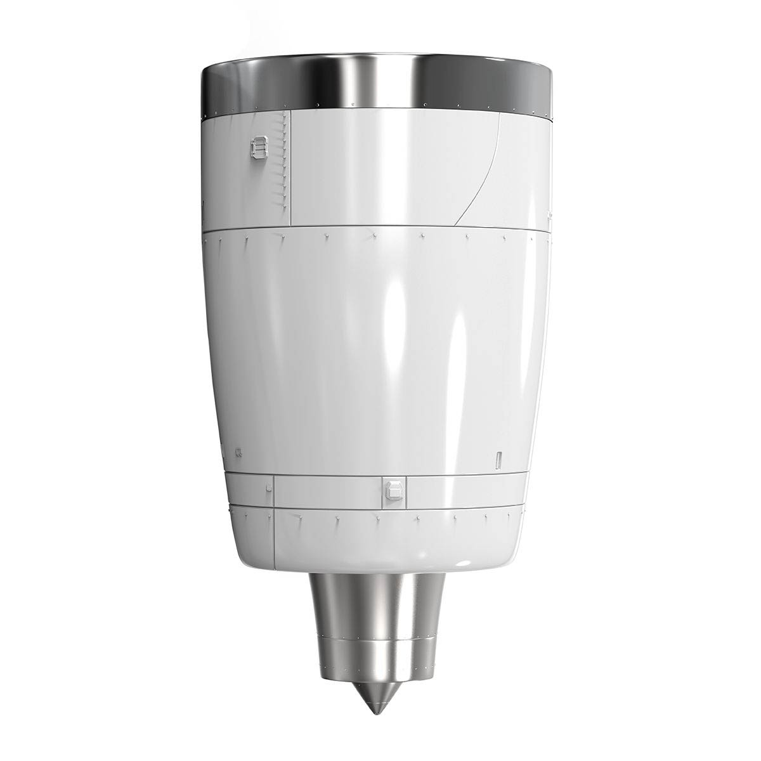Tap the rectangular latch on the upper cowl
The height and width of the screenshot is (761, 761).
coord(258,149)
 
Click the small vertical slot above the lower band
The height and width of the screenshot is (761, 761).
coord(498,459)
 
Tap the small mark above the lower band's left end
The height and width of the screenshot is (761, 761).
coord(238,452)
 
